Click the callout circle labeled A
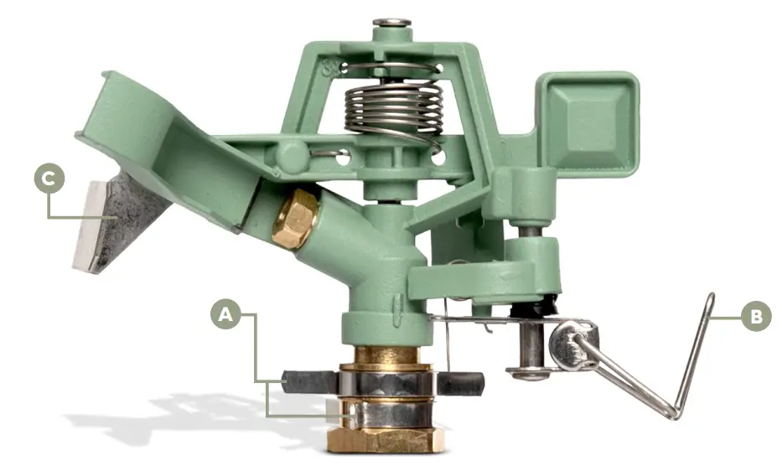(x=225, y=315)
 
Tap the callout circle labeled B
(x=755, y=317)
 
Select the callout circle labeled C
(x=49, y=179)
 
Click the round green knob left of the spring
(x=288, y=156)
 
